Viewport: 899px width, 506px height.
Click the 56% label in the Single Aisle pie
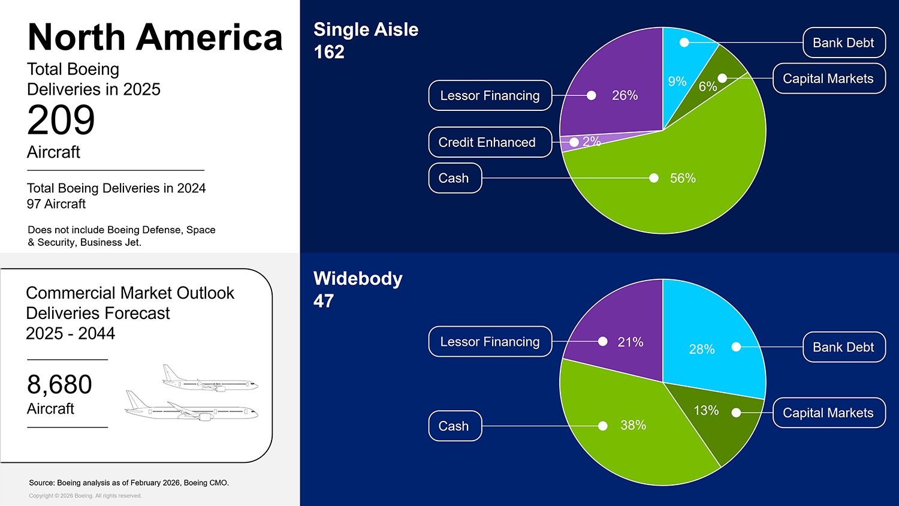[x=683, y=178]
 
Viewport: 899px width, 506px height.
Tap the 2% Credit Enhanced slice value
[x=592, y=141]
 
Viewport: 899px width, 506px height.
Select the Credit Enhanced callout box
[x=490, y=142]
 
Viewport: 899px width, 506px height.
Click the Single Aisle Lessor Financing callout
[x=490, y=95]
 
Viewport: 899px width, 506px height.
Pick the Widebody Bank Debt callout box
[x=844, y=347]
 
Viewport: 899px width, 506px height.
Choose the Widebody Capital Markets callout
[x=829, y=413]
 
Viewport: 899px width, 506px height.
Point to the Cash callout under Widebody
[x=455, y=426]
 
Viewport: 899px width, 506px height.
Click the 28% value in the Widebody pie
[x=702, y=349]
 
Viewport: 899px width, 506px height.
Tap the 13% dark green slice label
[x=707, y=410]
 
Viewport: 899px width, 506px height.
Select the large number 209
[x=61, y=120]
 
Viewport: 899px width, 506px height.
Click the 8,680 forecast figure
[x=59, y=384]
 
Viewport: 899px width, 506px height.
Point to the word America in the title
[x=209, y=37]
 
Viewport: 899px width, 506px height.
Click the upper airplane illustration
[x=210, y=378]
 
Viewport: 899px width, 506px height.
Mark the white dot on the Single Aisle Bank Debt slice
[x=684, y=42]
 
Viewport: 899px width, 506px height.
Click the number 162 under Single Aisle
[x=329, y=52]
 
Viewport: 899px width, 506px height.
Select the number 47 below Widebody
[x=324, y=301]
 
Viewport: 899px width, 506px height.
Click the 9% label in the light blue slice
[x=677, y=82]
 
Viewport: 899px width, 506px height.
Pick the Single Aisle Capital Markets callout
[x=829, y=79]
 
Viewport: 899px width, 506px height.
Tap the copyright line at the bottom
[x=85, y=496]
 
